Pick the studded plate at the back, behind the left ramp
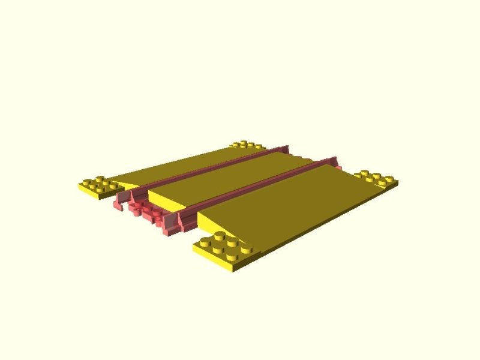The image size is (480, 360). click(x=246, y=145)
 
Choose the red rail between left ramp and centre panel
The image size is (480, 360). click(x=204, y=168)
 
